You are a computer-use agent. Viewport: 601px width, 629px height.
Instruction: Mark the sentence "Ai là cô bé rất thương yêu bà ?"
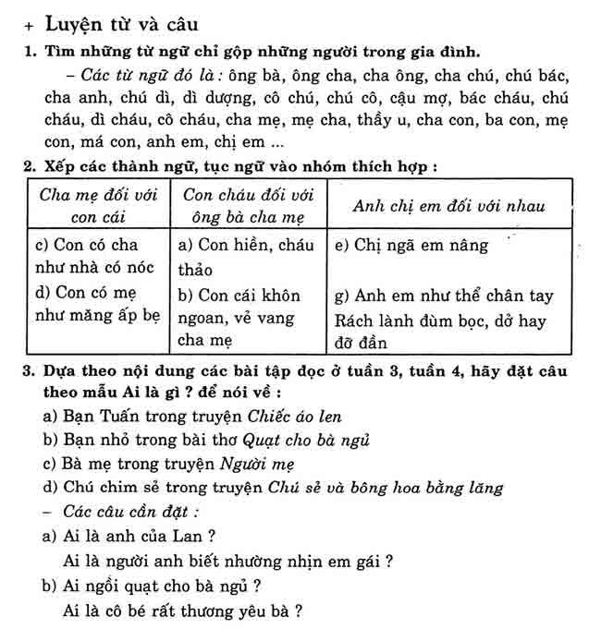pos(183,610)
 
